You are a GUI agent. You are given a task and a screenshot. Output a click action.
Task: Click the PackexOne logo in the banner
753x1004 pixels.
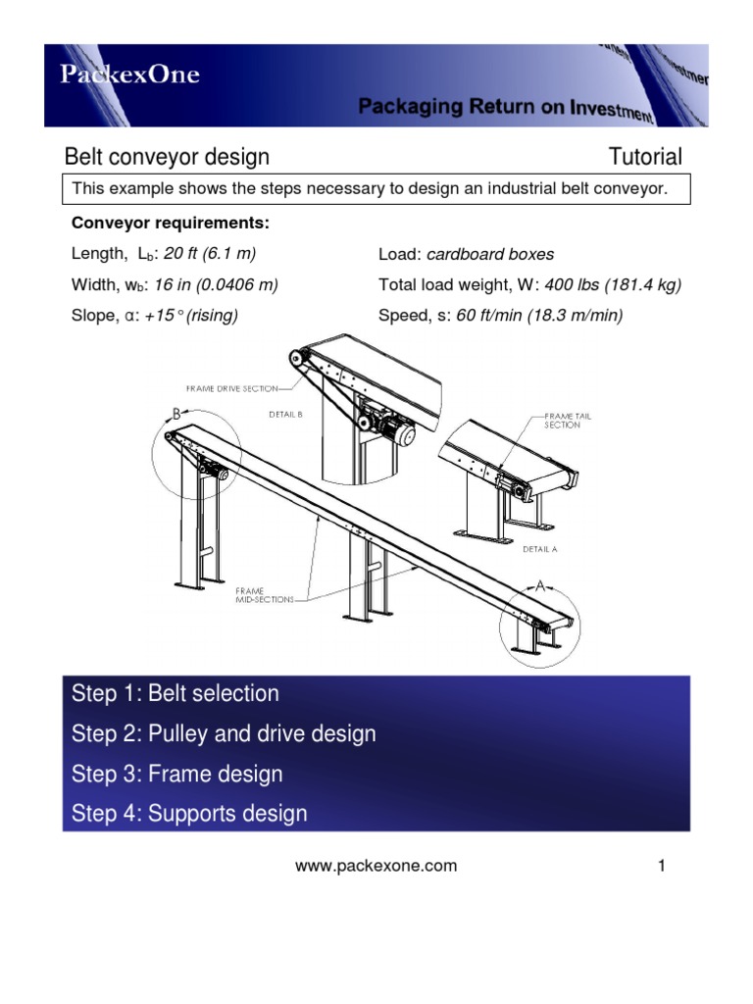coord(131,75)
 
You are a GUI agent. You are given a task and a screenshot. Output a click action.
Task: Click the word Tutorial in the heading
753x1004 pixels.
coord(645,157)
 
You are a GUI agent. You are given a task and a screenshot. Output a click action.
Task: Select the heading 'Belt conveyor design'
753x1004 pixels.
coord(167,157)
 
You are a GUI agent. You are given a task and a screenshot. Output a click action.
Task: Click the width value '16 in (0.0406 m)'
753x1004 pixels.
coord(221,285)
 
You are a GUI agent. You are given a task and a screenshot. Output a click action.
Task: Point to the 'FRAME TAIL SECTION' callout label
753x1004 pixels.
coord(568,421)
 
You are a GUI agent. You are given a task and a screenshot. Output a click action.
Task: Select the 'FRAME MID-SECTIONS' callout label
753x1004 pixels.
coord(264,594)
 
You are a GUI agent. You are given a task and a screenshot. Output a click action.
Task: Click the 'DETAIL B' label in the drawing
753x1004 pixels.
coord(285,414)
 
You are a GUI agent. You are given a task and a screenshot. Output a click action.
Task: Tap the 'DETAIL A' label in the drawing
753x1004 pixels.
coord(540,549)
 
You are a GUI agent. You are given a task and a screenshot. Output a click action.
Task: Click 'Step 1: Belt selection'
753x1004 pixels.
coord(176,693)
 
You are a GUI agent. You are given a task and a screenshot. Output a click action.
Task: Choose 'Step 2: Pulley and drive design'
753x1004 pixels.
coord(224,733)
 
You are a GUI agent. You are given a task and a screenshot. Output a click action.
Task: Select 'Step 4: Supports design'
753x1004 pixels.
coord(189,813)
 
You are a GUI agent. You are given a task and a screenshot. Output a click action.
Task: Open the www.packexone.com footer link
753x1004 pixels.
coord(376,866)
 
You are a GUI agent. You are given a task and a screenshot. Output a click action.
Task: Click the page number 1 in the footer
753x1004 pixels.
coord(663,866)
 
